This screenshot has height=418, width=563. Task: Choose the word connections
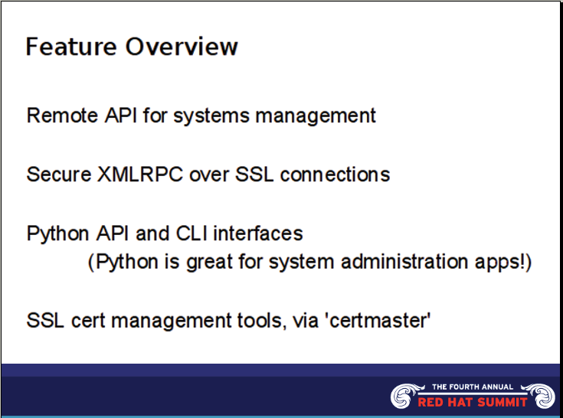pyautogui.click(x=335, y=174)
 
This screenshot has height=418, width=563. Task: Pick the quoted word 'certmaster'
pyautogui.click(x=378, y=320)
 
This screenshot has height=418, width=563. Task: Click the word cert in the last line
pyautogui.click(x=81, y=320)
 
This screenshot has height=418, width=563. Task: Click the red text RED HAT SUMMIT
pyautogui.click(x=473, y=402)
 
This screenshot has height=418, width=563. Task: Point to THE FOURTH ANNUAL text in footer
pyautogui.click(x=473, y=387)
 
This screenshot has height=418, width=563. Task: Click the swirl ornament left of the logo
pyautogui.click(x=404, y=395)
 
